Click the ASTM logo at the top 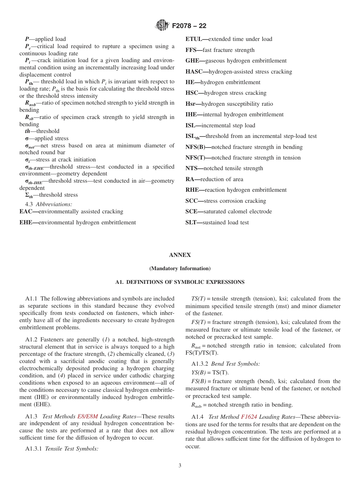coord(162,25)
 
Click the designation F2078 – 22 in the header coord(189,26)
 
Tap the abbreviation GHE coord(194,61)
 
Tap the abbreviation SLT coord(193,222)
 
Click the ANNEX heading coord(180,255)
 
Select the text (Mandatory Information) coord(180,269)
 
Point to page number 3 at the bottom coord(180,465)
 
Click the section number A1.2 coord(32,340)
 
